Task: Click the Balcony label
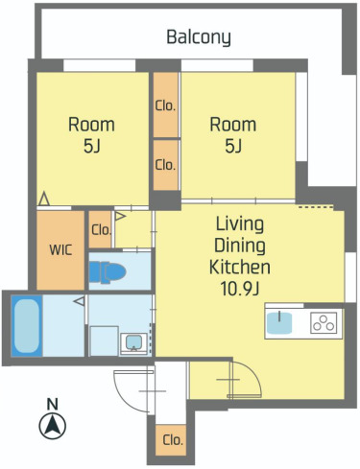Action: tap(199, 37)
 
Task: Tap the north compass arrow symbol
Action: tap(53, 426)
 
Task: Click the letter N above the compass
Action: tap(53, 404)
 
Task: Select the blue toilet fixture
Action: tap(108, 272)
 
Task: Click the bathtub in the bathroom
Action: tap(27, 326)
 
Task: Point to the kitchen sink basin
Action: tap(279, 322)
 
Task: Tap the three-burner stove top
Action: tap(324, 322)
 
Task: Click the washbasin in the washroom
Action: tap(133, 343)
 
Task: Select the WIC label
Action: tap(60, 250)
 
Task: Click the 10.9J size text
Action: tap(239, 289)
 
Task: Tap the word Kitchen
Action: tap(240, 268)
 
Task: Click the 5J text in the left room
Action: tap(92, 146)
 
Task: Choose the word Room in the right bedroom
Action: tap(233, 125)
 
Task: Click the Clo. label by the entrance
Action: tap(173, 440)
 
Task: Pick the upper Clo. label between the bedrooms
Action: tap(165, 106)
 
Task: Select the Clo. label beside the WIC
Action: tap(101, 230)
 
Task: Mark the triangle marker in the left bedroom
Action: tap(44, 199)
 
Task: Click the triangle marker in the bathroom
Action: tap(80, 301)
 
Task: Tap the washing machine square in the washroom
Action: tap(105, 340)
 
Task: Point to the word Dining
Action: tap(240, 246)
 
